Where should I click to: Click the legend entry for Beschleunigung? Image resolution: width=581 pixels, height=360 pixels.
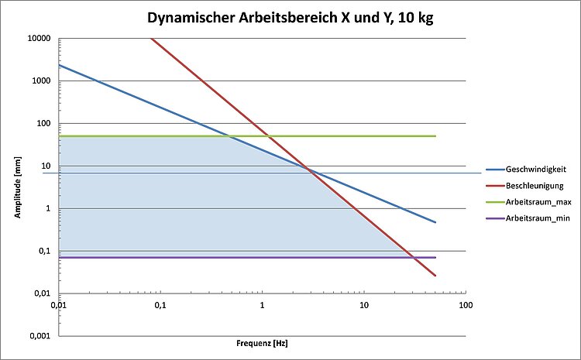pyautogui.click(x=535, y=186)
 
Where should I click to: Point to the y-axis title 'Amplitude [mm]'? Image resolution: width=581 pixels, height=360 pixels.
pyautogui.click(x=17, y=187)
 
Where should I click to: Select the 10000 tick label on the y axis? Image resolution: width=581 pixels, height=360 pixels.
pyautogui.click(x=39, y=39)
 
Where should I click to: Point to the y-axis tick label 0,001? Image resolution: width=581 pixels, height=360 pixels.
pyautogui.click(x=40, y=336)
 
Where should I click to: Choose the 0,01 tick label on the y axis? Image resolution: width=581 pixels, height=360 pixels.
pyautogui.click(x=42, y=293)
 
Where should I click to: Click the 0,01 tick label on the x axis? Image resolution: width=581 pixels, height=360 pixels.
pyautogui.click(x=59, y=307)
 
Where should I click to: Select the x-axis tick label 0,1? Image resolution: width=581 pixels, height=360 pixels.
pyautogui.click(x=160, y=307)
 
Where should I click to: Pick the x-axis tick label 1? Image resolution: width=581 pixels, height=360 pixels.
pyautogui.click(x=262, y=307)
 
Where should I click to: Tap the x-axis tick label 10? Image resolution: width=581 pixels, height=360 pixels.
pyautogui.click(x=363, y=307)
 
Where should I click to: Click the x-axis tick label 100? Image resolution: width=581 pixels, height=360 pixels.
pyautogui.click(x=465, y=307)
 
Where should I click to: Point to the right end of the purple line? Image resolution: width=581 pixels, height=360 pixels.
pyautogui.click(x=435, y=257)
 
